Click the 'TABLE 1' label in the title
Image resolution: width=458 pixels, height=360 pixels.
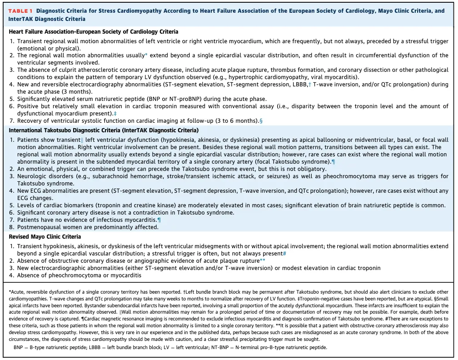tap(21, 11)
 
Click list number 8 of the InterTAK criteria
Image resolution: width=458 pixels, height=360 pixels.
tap(12, 227)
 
